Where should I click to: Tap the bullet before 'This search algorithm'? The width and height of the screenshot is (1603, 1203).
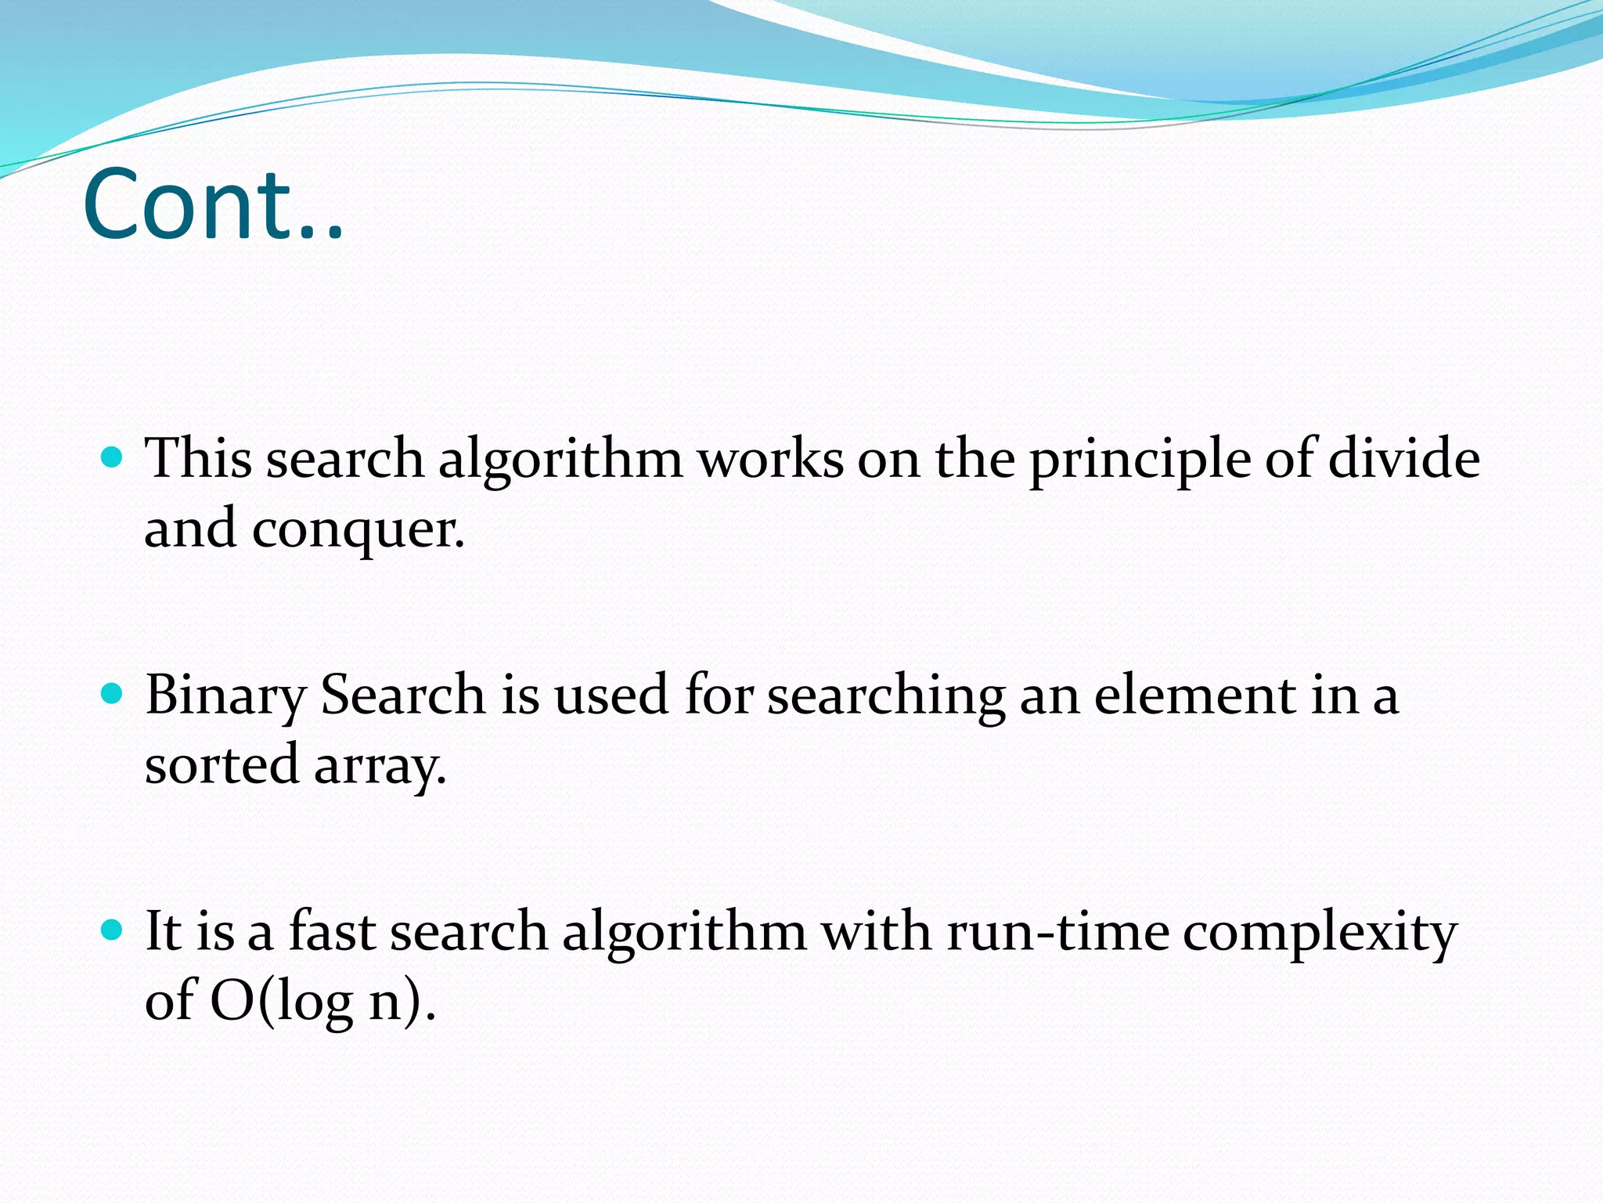click(113, 457)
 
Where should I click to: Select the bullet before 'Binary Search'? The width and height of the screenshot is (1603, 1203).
click(113, 693)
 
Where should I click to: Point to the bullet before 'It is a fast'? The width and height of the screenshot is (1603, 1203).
click(113, 930)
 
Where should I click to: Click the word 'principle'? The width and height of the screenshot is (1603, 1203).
click(1140, 461)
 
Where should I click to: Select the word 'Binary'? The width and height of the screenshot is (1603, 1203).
click(226, 697)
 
